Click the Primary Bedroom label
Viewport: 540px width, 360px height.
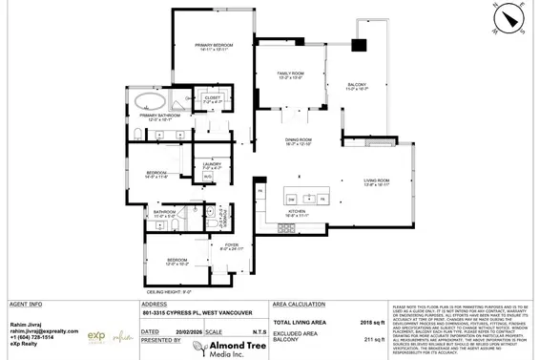pos(211,48)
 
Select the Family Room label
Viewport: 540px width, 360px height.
pos(289,75)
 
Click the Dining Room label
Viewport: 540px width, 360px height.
pos(300,142)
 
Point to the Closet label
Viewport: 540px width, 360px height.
pos(211,97)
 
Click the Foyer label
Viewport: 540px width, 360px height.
pos(232,245)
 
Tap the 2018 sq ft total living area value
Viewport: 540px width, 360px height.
pos(368,324)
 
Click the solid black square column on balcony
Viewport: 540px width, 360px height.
pos(359,45)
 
